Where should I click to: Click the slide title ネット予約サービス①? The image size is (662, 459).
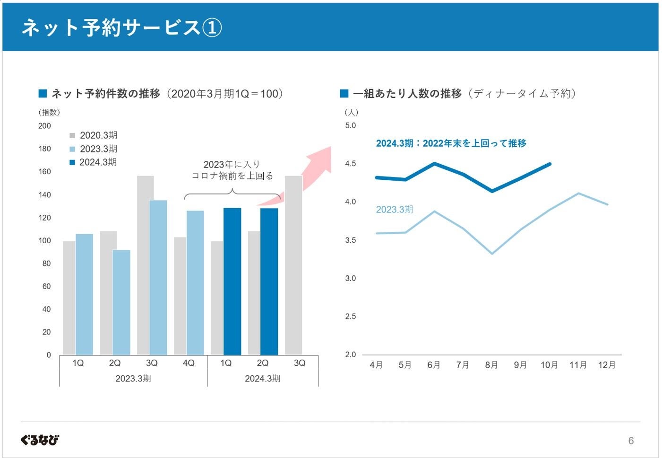(x=121, y=27)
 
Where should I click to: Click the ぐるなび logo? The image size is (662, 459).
(x=40, y=440)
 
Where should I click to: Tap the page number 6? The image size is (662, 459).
(x=631, y=441)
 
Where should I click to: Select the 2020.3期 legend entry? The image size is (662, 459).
(x=94, y=135)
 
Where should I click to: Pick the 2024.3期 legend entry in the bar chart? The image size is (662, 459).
(x=93, y=162)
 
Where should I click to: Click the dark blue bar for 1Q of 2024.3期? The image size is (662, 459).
(x=232, y=281)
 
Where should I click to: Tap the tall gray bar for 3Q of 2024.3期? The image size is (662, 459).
(x=293, y=265)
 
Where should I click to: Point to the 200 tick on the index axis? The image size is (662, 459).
(x=44, y=126)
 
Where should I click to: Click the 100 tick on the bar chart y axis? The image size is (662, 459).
(x=44, y=240)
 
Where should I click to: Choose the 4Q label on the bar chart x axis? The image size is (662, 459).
(x=189, y=363)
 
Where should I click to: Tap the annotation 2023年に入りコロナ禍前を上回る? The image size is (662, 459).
(x=232, y=170)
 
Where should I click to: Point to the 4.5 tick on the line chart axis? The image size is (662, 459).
(x=351, y=164)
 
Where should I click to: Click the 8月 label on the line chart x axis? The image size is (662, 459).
(x=491, y=365)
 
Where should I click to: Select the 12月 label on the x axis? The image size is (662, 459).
(x=607, y=365)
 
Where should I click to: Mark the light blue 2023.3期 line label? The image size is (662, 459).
(x=395, y=209)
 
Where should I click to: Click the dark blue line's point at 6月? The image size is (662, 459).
(x=434, y=164)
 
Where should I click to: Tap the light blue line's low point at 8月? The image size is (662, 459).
(x=492, y=254)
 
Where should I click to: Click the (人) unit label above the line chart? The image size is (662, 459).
(x=351, y=112)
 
